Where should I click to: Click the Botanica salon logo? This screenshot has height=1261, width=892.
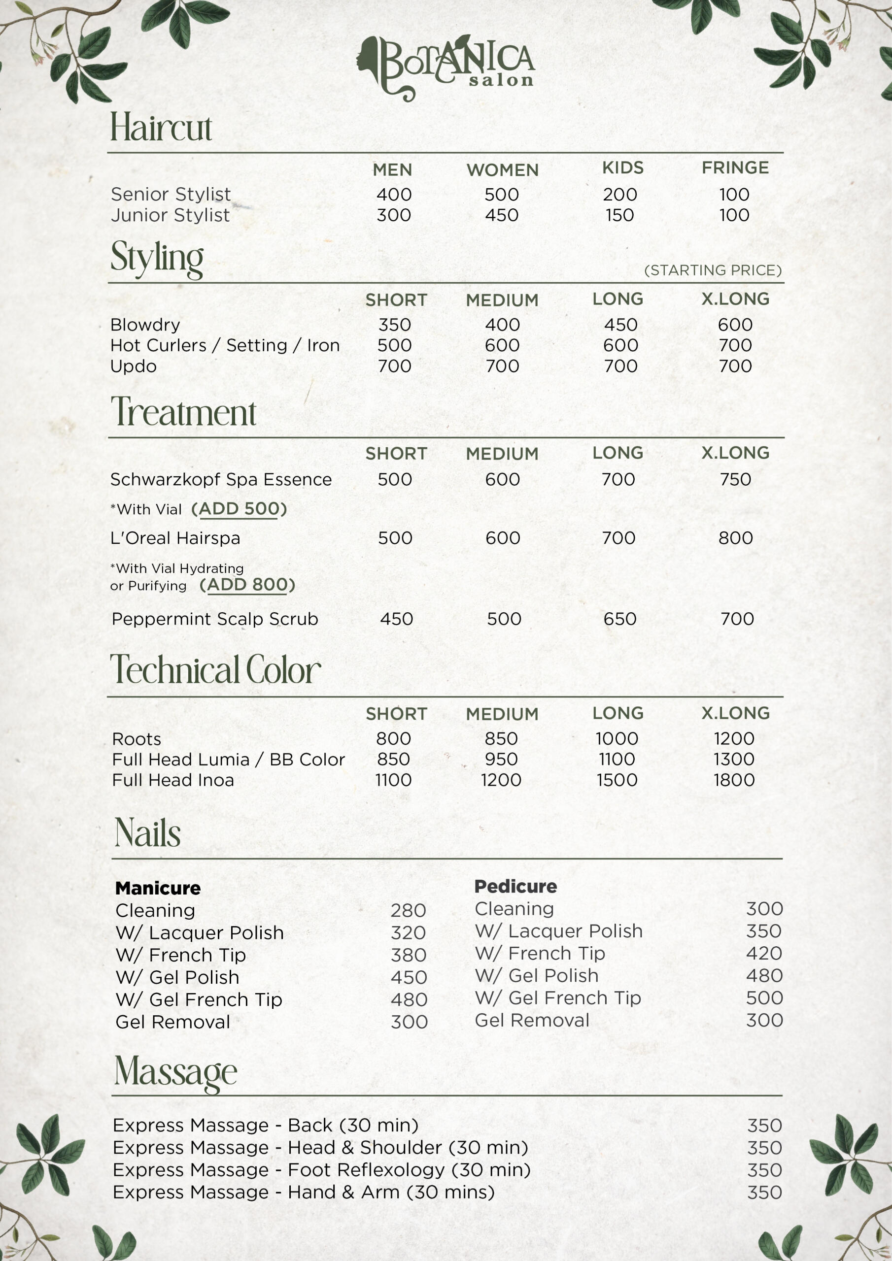(x=446, y=67)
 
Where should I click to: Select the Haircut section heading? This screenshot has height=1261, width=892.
(x=161, y=128)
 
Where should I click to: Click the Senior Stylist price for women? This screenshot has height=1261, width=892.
(x=501, y=195)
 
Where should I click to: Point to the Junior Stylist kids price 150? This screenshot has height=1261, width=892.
(x=619, y=215)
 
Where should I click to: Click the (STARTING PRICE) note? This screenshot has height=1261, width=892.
(x=712, y=270)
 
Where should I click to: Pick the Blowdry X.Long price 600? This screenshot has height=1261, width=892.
(x=735, y=325)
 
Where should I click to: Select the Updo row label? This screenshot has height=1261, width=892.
(x=134, y=366)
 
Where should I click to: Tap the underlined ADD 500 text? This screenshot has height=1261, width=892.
(x=239, y=509)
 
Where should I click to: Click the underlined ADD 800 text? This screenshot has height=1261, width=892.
(x=247, y=585)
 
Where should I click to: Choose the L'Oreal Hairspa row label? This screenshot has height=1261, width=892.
(x=175, y=538)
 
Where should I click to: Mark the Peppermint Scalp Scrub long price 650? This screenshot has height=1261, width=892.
(x=619, y=619)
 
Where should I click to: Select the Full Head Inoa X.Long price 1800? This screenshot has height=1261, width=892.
(x=734, y=780)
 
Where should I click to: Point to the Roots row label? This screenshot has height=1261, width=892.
(x=137, y=739)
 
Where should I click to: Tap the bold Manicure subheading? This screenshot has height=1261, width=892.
(x=158, y=888)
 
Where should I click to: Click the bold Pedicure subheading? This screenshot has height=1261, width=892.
(x=515, y=887)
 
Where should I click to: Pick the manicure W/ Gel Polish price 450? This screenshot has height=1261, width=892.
(x=409, y=977)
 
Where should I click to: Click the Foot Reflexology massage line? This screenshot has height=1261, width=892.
(x=321, y=1170)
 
